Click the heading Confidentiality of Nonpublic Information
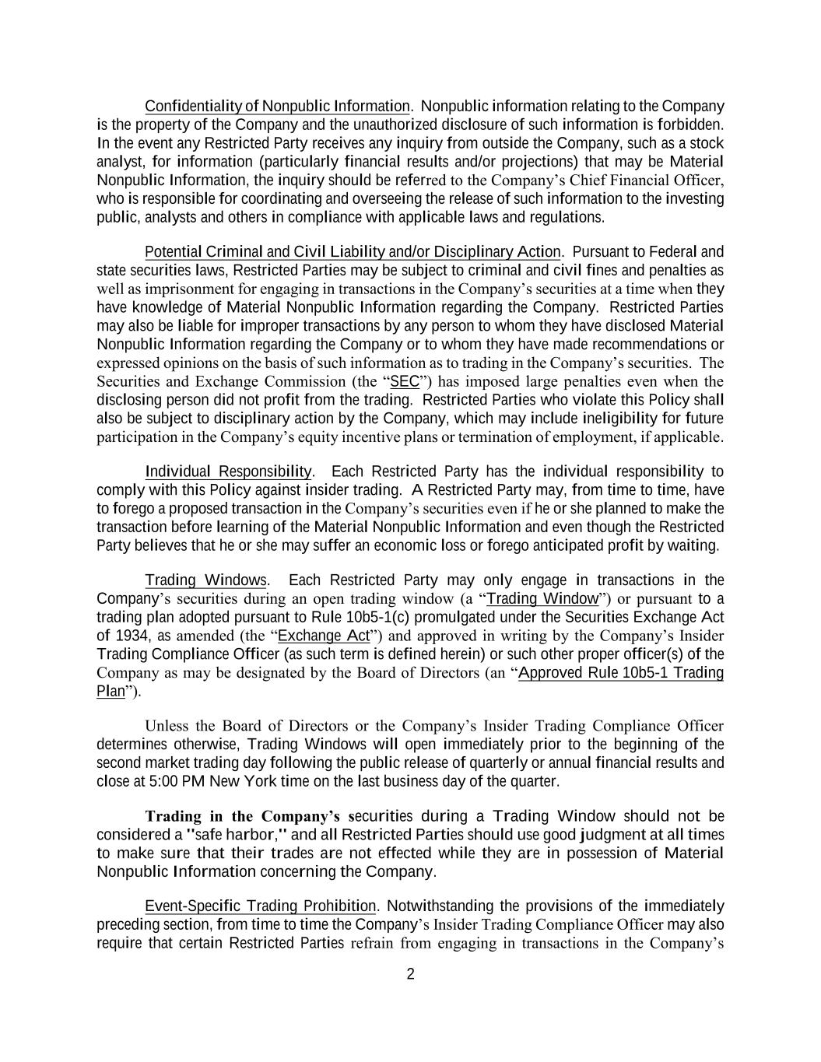277,106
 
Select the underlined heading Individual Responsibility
228,471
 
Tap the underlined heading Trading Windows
205,580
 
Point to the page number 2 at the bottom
411,974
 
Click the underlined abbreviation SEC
404,381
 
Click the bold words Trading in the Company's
243,816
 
